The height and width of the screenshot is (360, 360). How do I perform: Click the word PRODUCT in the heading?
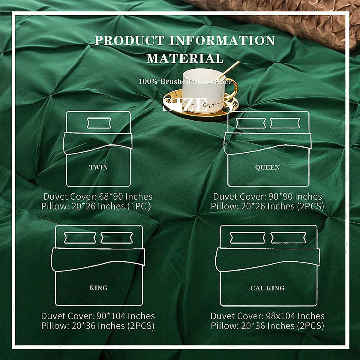(129, 40)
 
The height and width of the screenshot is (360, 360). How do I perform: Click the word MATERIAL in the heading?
(185, 58)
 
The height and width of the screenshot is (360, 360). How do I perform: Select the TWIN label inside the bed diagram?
(98, 167)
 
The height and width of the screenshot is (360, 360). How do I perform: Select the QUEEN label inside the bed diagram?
(267, 167)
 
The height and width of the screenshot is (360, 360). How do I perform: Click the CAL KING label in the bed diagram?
(267, 288)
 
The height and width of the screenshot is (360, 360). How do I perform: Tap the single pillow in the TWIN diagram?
(99, 123)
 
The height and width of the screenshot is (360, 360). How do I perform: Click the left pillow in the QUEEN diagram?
(251, 123)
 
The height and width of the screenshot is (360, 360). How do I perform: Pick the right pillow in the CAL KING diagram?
(289, 238)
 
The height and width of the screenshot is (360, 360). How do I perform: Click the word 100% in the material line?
(148, 81)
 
